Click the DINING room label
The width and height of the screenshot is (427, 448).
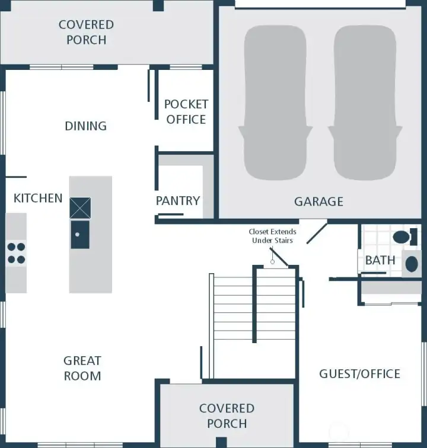(85, 126)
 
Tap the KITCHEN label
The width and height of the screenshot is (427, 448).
(38, 198)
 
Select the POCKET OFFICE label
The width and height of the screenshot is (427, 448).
(186, 111)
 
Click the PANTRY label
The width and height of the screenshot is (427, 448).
(178, 201)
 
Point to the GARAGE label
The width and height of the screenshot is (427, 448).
(318, 201)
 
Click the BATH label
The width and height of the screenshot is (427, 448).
(380, 260)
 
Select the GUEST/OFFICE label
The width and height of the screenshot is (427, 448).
(359, 374)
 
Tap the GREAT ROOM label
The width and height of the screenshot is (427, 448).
(82, 368)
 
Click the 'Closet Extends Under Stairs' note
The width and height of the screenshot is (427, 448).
(272, 236)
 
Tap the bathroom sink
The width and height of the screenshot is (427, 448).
(411, 264)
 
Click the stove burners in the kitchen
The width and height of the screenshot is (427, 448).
(17, 253)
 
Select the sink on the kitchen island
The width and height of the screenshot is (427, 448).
(80, 235)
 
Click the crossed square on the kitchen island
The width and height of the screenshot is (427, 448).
(80, 208)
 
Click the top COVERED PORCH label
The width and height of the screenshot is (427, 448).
(87, 33)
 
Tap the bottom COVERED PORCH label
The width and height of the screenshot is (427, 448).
(227, 416)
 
